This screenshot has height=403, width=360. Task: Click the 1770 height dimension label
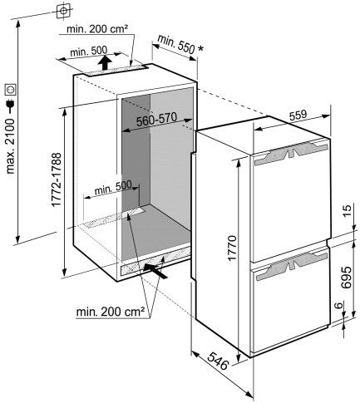pyautogui.click(x=232, y=248)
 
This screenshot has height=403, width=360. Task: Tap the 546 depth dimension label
pyautogui.click(x=218, y=361)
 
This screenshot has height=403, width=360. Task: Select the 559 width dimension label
pyautogui.click(x=298, y=115)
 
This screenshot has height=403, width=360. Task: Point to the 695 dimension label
pyautogui.click(x=347, y=278)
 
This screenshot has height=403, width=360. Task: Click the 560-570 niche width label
pyautogui.click(x=157, y=120)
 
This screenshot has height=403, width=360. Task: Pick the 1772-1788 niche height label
pyautogui.click(x=56, y=179)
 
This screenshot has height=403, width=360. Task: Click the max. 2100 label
pyautogui.click(x=10, y=146)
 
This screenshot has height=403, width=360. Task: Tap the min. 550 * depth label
pyautogui.click(x=180, y=45)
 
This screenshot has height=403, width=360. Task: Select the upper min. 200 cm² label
pyautogui.click(x=97, y=29)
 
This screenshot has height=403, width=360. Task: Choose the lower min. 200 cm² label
pyautogui.click(x=111, y=312)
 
